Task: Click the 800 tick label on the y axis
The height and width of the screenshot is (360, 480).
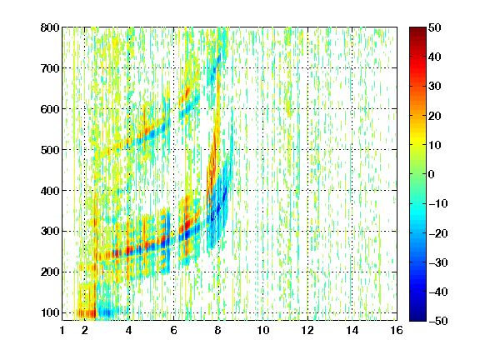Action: click(x=50, y=27)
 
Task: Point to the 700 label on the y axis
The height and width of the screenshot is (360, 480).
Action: click(x=50, y=68)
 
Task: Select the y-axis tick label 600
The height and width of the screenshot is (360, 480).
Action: click(x=50, y=109)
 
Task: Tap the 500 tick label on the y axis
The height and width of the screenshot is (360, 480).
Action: click(x=50, y=150)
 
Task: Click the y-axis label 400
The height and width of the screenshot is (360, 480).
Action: click(x=50, y=191)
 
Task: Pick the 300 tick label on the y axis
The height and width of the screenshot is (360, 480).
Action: click(x=50, y=232)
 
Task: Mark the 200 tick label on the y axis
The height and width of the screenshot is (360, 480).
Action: click(x=50, y=272)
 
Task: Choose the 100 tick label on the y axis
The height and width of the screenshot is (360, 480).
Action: click(x=50, y=312)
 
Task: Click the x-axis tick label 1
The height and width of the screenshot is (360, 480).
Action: click(x=62, y=330)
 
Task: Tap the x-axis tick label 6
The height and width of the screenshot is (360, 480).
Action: click(x=174, y=330)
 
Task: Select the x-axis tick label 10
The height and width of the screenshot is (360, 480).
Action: click(x=263, y=330)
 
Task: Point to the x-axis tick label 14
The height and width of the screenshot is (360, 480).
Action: click(x=352, y=330)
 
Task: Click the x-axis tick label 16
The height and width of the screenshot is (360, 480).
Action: click(x=397, y=330)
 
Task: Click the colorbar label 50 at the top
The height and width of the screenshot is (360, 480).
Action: click(x=434, y=27)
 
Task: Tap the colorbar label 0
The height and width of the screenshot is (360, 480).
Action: click(x=432, y=174)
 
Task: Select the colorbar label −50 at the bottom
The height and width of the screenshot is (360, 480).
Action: click(x=437, y=321)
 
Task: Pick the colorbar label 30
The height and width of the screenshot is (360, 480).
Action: click(x=434, y=87)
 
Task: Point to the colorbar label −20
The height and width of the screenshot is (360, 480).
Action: click(x=437, y=233)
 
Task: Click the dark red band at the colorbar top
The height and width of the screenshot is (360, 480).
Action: click(x=417, y=33)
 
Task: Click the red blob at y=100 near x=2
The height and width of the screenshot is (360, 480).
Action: click(x=87, y=313)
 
